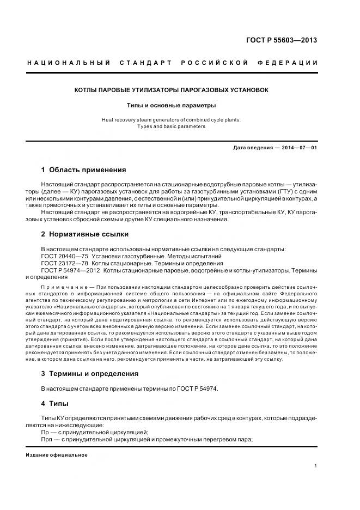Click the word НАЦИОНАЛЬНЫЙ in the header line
pyautogui.click(x=69, y=63)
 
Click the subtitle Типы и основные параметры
pyautogui.click(x=172, y=105)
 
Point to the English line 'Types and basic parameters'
pyautogui.click(x=172, y=126)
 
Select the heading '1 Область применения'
pyautogui.click(x=83, y=169)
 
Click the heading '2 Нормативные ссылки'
pyautogui.click(x=84, y=234)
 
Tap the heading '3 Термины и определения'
pyautogui.click(x=90, y=374)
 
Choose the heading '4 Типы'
pyautogui.click(x=56, y=404)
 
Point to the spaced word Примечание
pyautogui.click(x=65, y=286)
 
